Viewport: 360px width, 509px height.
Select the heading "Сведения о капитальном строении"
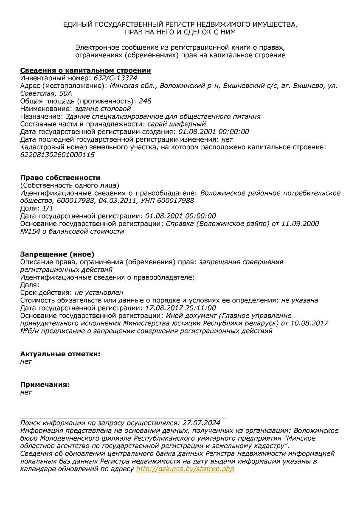(x=85, y=70)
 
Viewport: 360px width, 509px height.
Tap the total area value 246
(x=145, y=101)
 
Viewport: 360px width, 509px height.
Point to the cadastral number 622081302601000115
(x=57, y=155)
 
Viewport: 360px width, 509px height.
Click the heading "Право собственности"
(x=60, y=178)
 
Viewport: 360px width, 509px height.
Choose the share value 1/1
(x=47, y=208)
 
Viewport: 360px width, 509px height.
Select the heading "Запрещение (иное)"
(x=57, y=255)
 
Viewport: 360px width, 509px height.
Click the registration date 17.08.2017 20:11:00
(x=180, y=308)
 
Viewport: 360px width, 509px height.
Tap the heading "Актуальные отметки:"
(x=60, y=354)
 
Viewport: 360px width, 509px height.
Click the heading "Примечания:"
(x=45, y=384)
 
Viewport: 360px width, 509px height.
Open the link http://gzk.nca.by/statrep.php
(x=185, y=469)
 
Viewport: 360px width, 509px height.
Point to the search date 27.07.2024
(x=201, y=423)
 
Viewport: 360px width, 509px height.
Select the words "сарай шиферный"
(x=177, y=124)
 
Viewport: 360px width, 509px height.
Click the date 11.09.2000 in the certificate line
(x=302, y=224)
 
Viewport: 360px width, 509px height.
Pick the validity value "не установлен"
(x=99, y=293)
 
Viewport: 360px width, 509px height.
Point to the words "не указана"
(x=299, y=300)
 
